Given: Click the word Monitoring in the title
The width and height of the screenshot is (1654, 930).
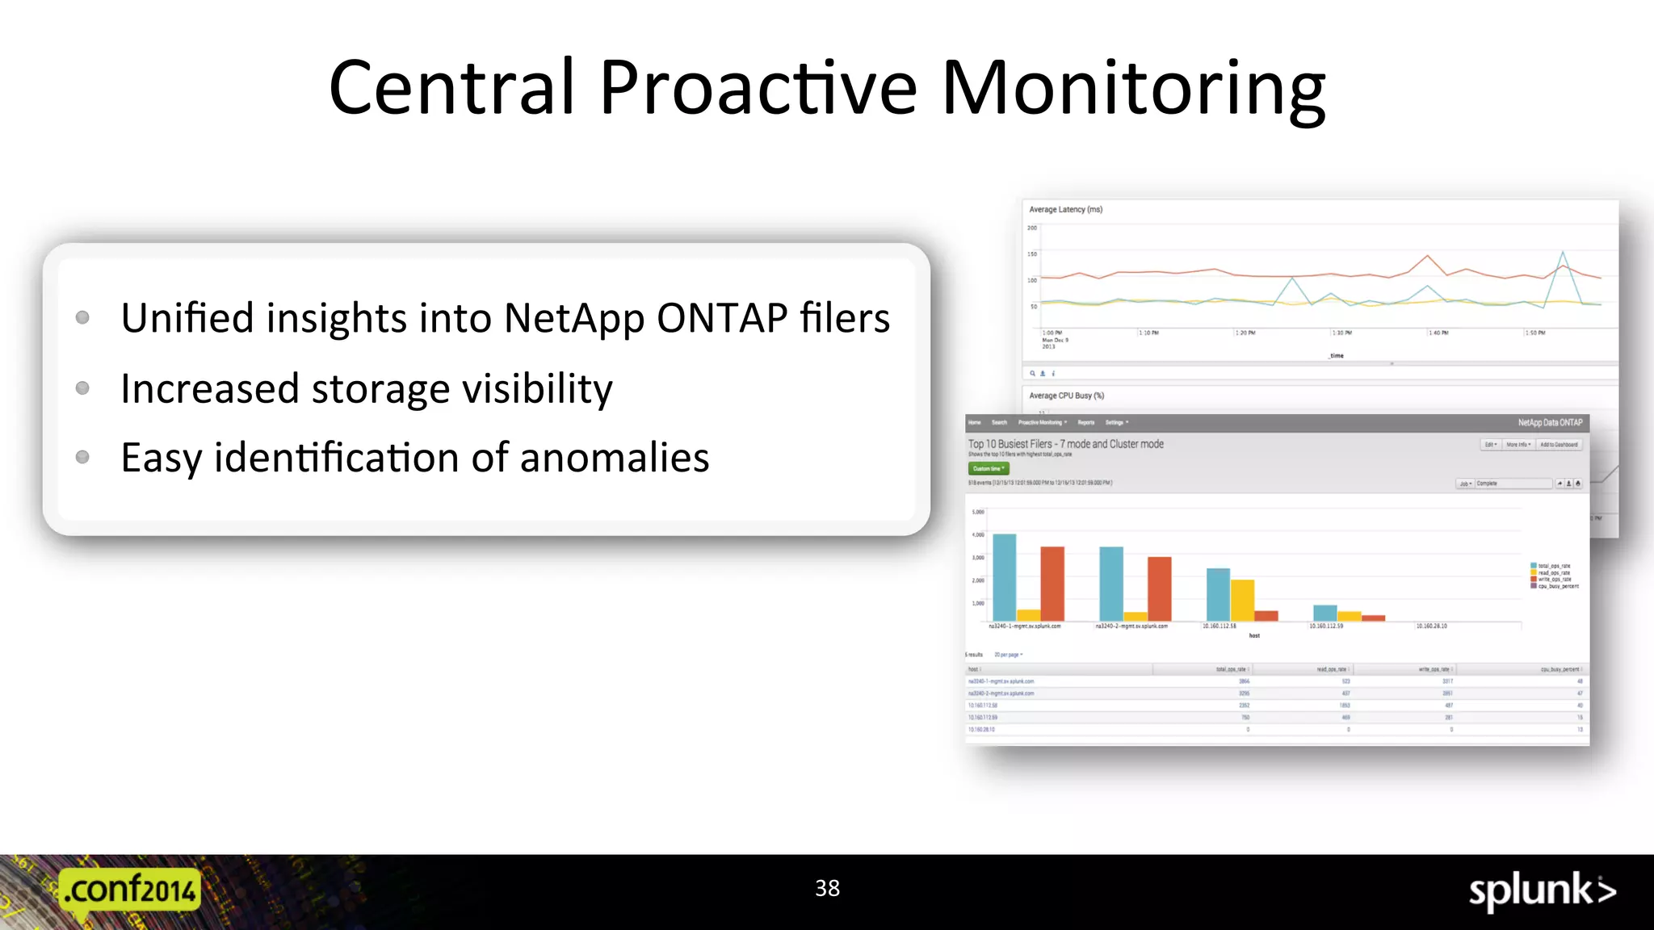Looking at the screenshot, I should point(1133,89).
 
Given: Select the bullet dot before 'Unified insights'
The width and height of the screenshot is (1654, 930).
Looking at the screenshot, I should point(82,317).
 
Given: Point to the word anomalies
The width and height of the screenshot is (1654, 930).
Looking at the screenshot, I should point(614,458).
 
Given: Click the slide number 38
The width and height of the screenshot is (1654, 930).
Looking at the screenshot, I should point(827,888).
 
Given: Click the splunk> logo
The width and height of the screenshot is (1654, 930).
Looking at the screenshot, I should point(1541,891).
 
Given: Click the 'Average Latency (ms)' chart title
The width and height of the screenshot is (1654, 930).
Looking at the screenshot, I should point(1065,209).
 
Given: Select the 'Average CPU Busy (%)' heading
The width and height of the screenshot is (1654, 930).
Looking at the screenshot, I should point(1066,396).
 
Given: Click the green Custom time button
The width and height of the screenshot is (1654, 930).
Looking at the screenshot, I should point(989,468).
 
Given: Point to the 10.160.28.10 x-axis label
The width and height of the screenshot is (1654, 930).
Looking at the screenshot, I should point(1431,626).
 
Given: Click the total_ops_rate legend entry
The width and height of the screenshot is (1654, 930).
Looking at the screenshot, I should point(1553,566).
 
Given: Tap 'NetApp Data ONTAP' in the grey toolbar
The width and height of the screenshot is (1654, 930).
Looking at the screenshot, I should point(1549,422).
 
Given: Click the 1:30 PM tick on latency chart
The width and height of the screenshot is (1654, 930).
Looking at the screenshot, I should point(1341,333).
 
